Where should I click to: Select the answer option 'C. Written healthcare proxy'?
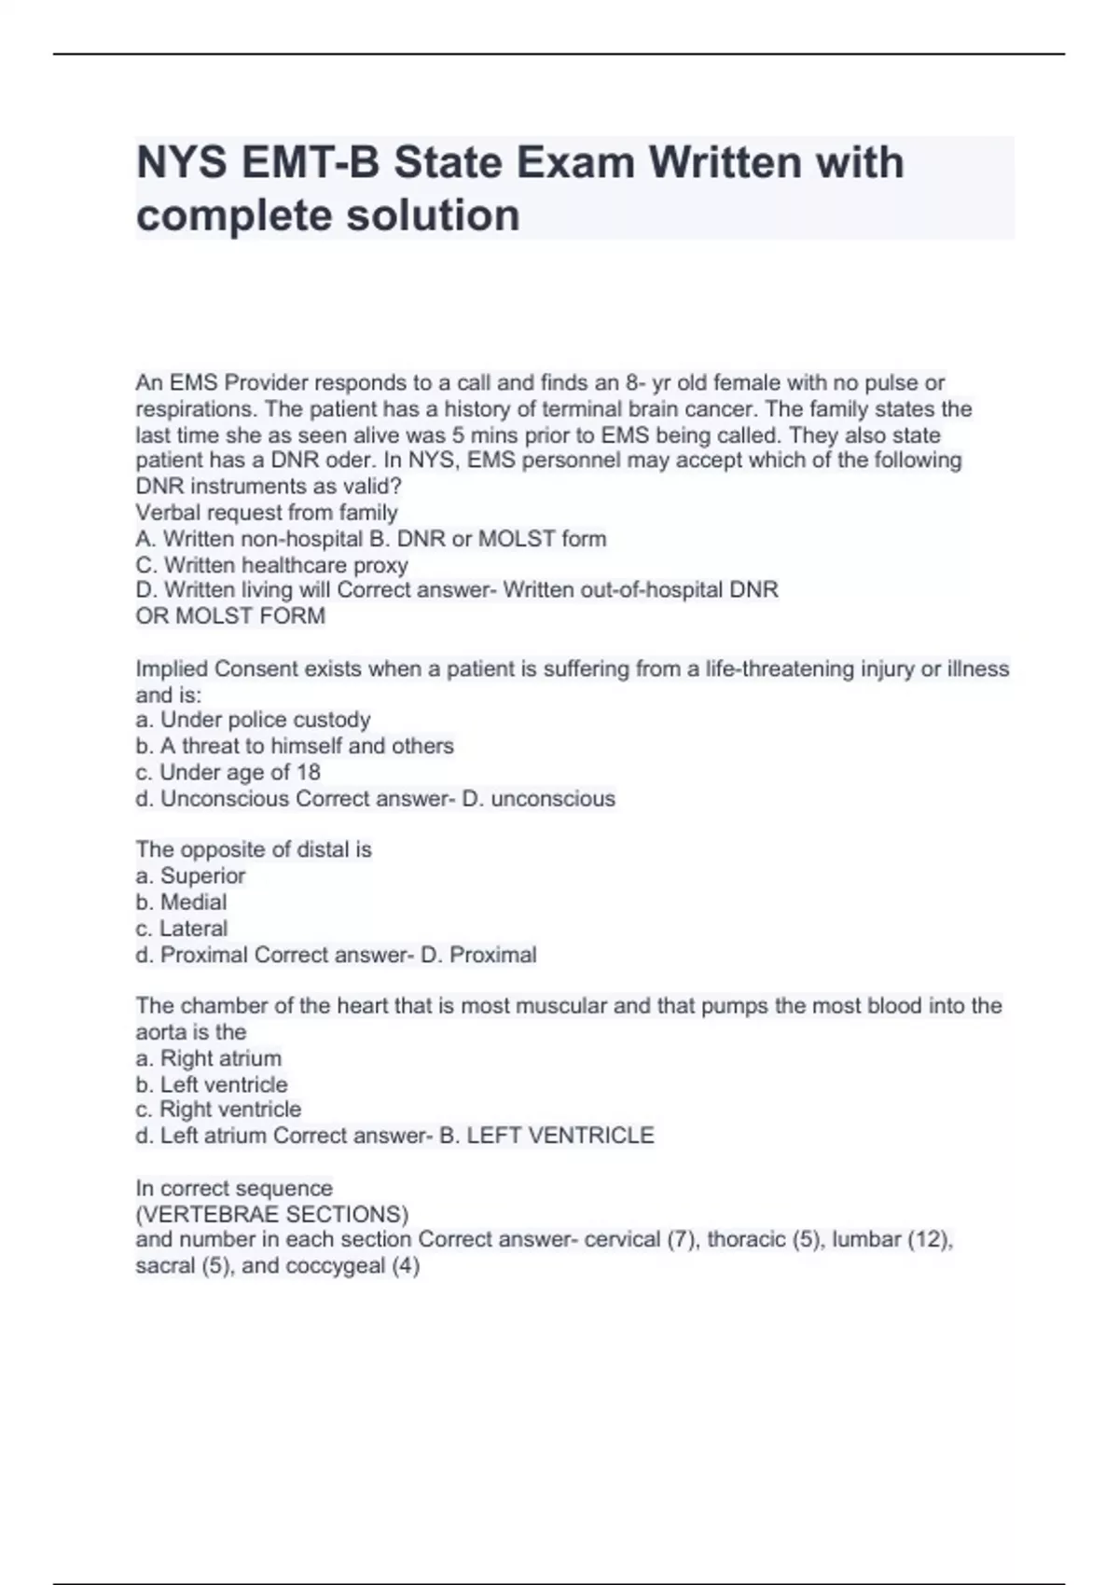[272, 565]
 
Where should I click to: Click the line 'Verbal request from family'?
[267, 513]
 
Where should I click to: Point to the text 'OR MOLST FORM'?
[230, 616]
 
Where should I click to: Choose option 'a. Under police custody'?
[254, 720]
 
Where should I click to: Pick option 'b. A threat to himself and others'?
[295, 746]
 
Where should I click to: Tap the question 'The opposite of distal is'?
[254, 849]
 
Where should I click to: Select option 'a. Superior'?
[190, 875]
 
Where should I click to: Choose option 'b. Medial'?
[181, 902]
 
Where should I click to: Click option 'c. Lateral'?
[182, 928]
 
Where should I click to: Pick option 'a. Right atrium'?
[208, 1058]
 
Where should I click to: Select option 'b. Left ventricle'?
[212, 1084]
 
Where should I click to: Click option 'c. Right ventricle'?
[218, 1109]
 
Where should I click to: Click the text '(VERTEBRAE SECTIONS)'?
[272, 1214]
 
